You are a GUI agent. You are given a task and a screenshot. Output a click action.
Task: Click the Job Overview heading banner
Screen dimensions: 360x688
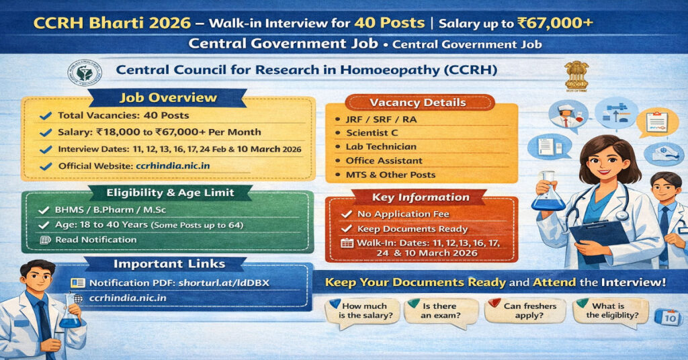pyautogui.click(x=169, y=97)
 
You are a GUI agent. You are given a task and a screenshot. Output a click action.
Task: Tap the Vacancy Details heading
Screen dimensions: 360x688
pyautogui.click(x=417, y=103)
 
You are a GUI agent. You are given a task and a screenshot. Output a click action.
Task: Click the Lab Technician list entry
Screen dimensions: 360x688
pyautogui.click(x=381, y=146)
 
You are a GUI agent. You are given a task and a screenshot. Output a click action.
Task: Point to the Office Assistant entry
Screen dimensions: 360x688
pyautogui.click(x=384, y=161)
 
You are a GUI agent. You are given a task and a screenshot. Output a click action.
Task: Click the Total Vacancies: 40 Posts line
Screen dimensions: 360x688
pyautogui.click(x=123, y=116)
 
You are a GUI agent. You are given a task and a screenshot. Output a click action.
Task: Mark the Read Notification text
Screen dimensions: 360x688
pyautogui.click(x=95, y=240)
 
